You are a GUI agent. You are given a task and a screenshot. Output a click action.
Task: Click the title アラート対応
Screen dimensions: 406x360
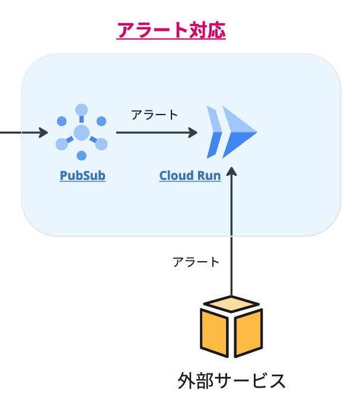[171, 30]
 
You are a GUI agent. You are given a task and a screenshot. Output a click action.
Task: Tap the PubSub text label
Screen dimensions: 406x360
[82, 176]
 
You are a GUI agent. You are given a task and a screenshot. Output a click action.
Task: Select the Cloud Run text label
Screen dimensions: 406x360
[190, 176]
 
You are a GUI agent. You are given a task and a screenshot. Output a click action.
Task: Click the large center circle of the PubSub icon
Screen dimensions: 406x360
[82, 132]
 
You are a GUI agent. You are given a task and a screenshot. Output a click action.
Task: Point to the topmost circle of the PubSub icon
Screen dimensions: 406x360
[82, 109]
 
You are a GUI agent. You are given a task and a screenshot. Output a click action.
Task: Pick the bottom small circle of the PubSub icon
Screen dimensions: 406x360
[82, 155]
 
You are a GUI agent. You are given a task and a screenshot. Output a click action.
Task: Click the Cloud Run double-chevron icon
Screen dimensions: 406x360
[231, 132]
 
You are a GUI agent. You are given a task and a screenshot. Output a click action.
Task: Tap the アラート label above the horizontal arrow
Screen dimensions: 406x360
[154, 115]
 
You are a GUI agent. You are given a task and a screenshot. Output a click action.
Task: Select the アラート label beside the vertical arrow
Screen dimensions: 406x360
[196, 262]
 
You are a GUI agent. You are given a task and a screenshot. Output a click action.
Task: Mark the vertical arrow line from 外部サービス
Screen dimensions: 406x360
[232, 237]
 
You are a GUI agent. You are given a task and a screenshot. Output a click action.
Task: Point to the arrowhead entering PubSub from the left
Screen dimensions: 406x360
[43, 132]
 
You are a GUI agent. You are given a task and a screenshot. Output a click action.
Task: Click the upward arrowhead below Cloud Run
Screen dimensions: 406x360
[232, 173]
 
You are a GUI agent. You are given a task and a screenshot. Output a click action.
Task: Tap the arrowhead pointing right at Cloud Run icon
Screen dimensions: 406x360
[193, 132]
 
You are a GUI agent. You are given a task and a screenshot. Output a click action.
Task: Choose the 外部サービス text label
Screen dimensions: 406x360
[231, 380]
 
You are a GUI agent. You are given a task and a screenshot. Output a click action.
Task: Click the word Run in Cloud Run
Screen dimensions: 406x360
[209, 176]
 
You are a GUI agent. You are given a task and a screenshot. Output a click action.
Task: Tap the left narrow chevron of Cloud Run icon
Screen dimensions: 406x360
[214, 132]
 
